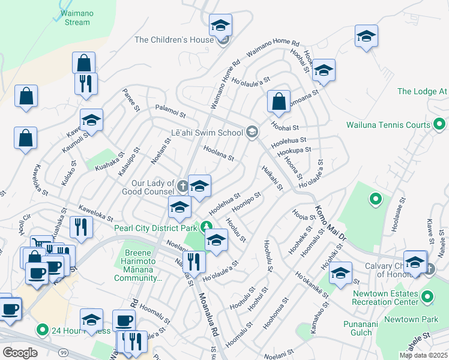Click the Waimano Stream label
pos(76,18)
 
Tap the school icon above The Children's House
pos(220,26)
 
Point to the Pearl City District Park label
pos(156,228)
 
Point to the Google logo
pos(20,353)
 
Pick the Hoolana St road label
pos(218,153)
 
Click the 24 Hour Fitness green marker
pos(42,329)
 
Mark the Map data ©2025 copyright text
pos(423,355)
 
